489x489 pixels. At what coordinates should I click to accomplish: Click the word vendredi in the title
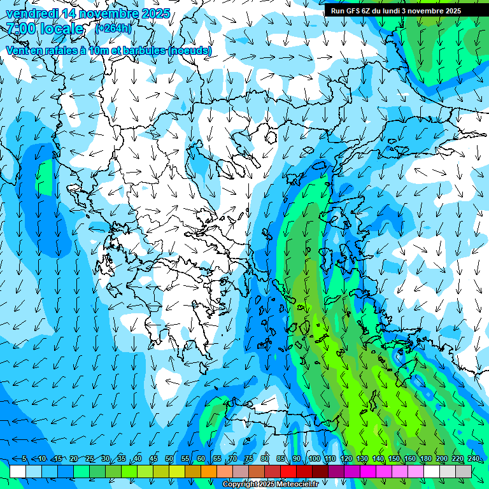[x=32, y=13]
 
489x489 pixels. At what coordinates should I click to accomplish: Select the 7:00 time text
[x=20, y=29]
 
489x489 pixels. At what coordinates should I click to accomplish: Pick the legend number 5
[x=24, y=458]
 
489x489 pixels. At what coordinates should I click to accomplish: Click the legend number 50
[x=169, y=458]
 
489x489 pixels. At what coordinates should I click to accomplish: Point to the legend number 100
[x=314, y=458]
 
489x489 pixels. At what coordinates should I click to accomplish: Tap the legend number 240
[x=473, y=458]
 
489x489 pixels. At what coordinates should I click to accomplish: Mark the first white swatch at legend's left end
[x=18, y=471]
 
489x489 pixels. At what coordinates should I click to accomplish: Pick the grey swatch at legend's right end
[x=464, y=471]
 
